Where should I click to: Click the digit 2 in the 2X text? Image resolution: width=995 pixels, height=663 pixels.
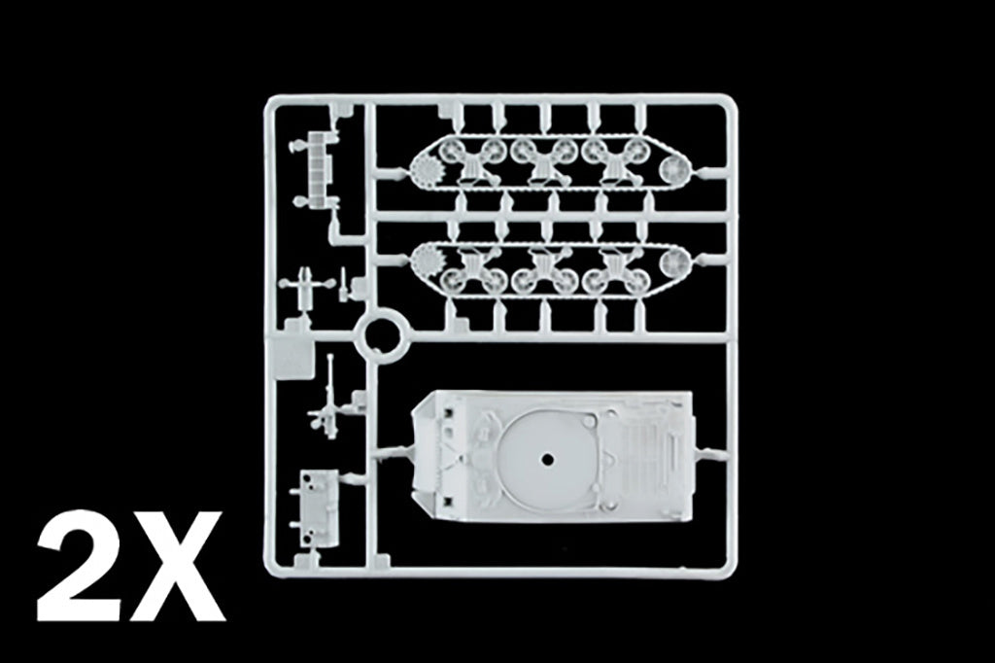84,567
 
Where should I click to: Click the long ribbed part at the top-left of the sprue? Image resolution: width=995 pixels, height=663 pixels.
317,170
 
